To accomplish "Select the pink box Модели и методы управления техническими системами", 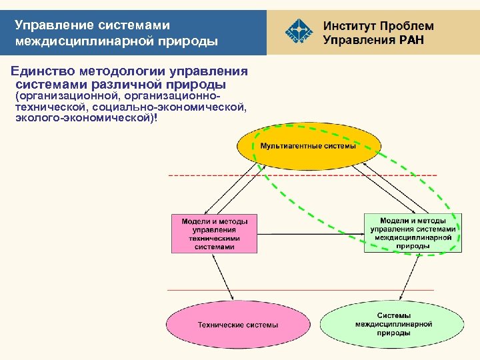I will click(x=214, y=233).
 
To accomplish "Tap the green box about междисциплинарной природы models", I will click(x=413, y=233).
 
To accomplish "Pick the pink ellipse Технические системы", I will click(x=237, y=325).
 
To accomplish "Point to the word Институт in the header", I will click(x=350, y=26).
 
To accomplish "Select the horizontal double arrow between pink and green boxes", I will click(x=310, y=233).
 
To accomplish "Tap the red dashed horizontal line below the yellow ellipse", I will click(x=200, y=175).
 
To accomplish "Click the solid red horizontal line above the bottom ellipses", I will click(x=200, y=290).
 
